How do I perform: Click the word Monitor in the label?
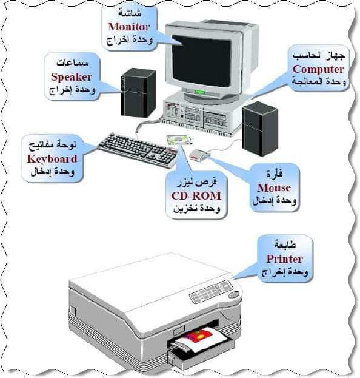(129, 27)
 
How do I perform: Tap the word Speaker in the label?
(72, 77)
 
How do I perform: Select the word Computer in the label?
(318, 69)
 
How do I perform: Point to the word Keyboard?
(52, 159)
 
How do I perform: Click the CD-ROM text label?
(196, 196)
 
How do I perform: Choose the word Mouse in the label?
(274, 187)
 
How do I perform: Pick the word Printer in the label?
(284, 259)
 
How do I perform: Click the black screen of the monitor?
(202, 61)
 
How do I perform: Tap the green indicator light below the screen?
(200, 92)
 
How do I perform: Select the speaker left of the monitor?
(138, 93)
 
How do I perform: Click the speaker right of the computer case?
(260, 129)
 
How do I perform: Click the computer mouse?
(198, 155)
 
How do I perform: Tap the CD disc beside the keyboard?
(179, 140)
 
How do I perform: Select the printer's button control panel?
(212, 292)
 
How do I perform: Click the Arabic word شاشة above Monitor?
(129, 13)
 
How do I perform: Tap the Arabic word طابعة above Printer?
(285, 245)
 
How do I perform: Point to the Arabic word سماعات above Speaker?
(73, 62)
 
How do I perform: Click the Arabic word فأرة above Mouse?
(275, 174)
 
